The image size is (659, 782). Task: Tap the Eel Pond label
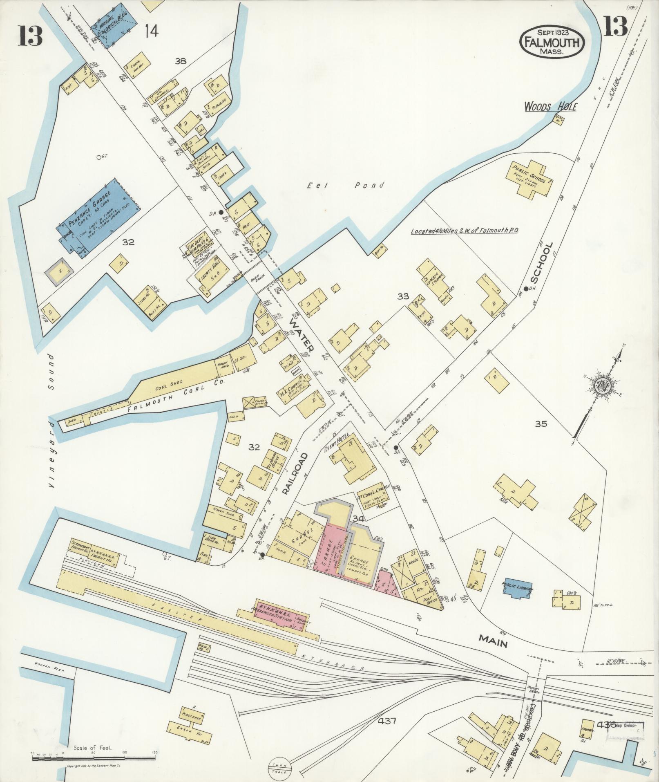346,186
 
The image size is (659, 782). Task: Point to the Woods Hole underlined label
550,108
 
